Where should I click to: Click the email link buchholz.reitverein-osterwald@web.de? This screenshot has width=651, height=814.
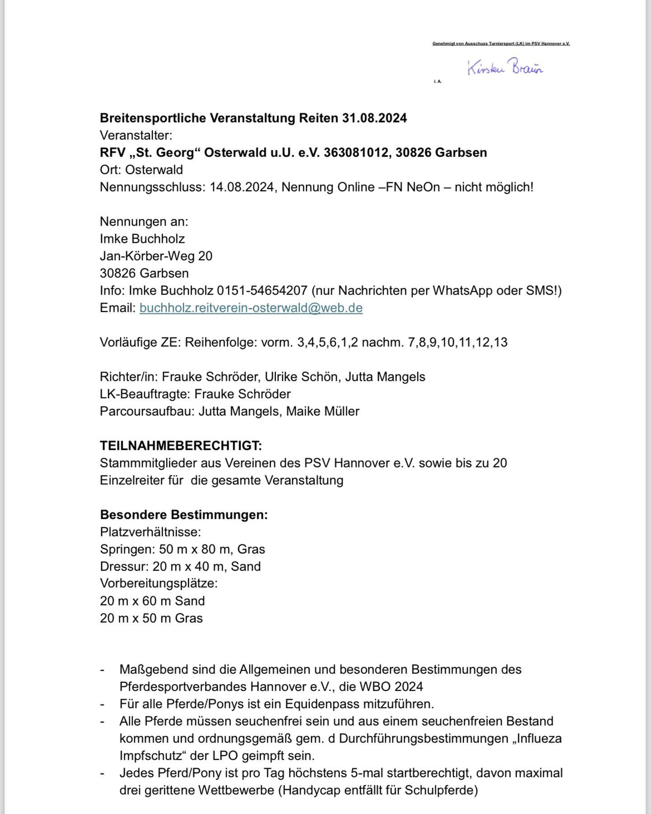coord(251,308)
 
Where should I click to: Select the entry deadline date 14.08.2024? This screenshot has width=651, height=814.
coord(242,187)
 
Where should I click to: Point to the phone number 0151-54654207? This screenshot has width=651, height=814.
coord(262,291)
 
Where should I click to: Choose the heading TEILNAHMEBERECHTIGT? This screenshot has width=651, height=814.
coord(181,446)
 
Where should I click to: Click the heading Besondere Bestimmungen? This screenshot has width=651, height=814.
coord(184,515)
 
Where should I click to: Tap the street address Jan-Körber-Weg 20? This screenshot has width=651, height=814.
coord(156,256)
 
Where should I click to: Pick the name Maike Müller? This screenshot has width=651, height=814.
coord(323,412)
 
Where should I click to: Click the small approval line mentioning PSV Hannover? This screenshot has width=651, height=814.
coord(501,44)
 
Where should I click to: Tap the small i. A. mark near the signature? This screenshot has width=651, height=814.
coord(437,81)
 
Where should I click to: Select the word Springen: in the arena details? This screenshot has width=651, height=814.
coord(127,549)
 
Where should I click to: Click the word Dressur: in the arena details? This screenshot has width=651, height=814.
coord(124,567)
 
